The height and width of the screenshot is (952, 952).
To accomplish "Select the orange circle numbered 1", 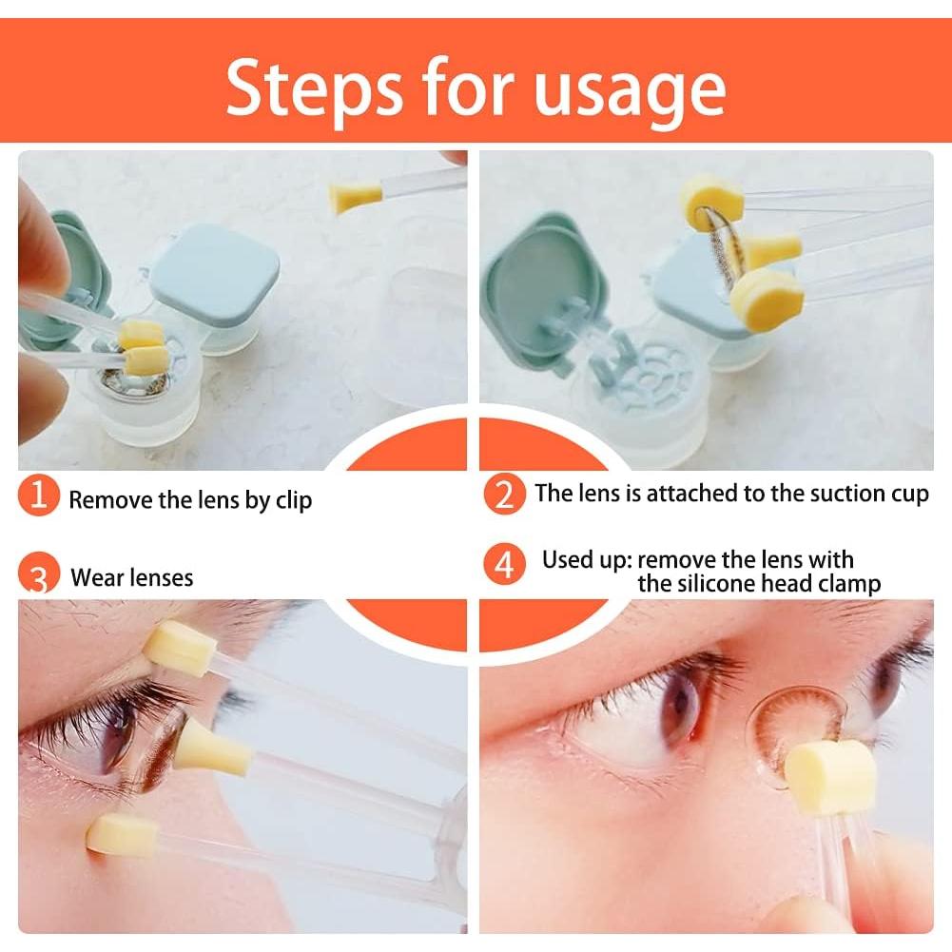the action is [x=39, y=495].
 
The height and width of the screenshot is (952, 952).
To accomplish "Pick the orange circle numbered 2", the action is [x=505, y=495].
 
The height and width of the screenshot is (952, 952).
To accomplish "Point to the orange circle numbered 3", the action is [x=39, y=573].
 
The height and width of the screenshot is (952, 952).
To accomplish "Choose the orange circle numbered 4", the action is [x=505, y=564].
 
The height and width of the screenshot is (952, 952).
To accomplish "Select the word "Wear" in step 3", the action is [x=98, y=577].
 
